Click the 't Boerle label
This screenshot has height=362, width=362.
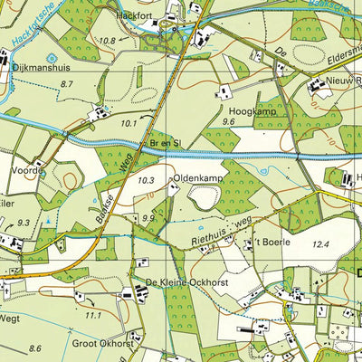coord(266,243)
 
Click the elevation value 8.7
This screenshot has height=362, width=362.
coord(65,83)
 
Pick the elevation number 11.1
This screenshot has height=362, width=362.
coord(92,315)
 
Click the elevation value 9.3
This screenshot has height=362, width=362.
coord(23,222)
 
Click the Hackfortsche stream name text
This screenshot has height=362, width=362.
coord(31,23)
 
